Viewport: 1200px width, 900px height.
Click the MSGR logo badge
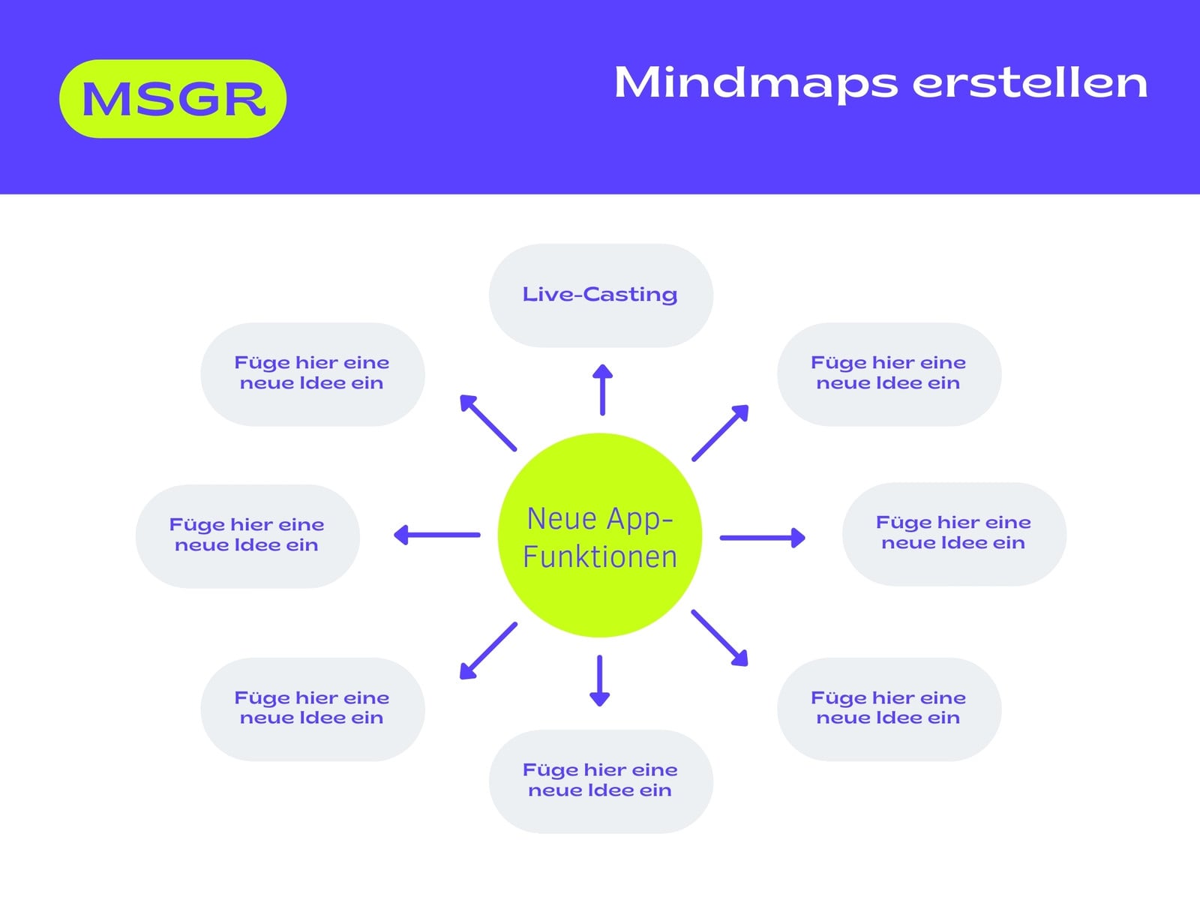click(x=172, y=99)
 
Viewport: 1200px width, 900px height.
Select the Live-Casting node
click(x=601, y=295)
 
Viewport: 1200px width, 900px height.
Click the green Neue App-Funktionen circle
click(x=600, y=535)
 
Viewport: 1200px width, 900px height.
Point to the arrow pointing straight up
click(x=602, y=389)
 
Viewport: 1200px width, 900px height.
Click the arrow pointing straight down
click(x=600, y=681)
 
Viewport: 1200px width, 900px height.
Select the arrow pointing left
click(x=436, y=535)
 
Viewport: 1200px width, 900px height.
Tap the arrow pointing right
click(x=763, y=538)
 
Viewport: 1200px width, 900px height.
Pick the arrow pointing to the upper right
click(x=720, y=433)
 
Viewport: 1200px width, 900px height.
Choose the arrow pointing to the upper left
click(x=488, y=423)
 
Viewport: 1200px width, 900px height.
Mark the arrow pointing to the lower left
click(x=488, y=651)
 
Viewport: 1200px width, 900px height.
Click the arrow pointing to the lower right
click(x=719, y=638)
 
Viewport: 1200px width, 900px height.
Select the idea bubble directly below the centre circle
click(x=601, y=781)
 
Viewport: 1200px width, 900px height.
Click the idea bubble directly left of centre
click(x=247, y=536)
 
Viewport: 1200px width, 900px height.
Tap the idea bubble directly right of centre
click(x=955, y=534)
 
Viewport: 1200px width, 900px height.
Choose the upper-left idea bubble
click(x=313, y=374)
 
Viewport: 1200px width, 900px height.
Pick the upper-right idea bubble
click(x=889, y=374)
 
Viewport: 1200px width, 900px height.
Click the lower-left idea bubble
click(x=313, y=709)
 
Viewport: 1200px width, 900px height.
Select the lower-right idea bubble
click(x=889, y=709)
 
